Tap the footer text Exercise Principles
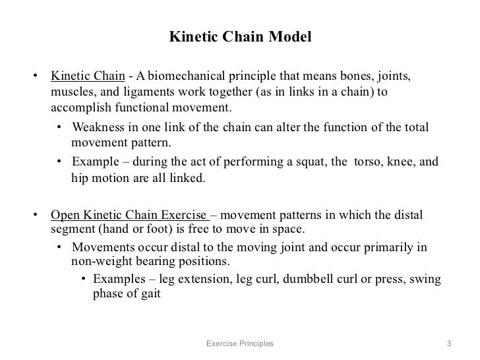click(x=239, y=344)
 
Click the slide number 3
click(x=449, y=344)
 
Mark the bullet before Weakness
click(x=59, y=128)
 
